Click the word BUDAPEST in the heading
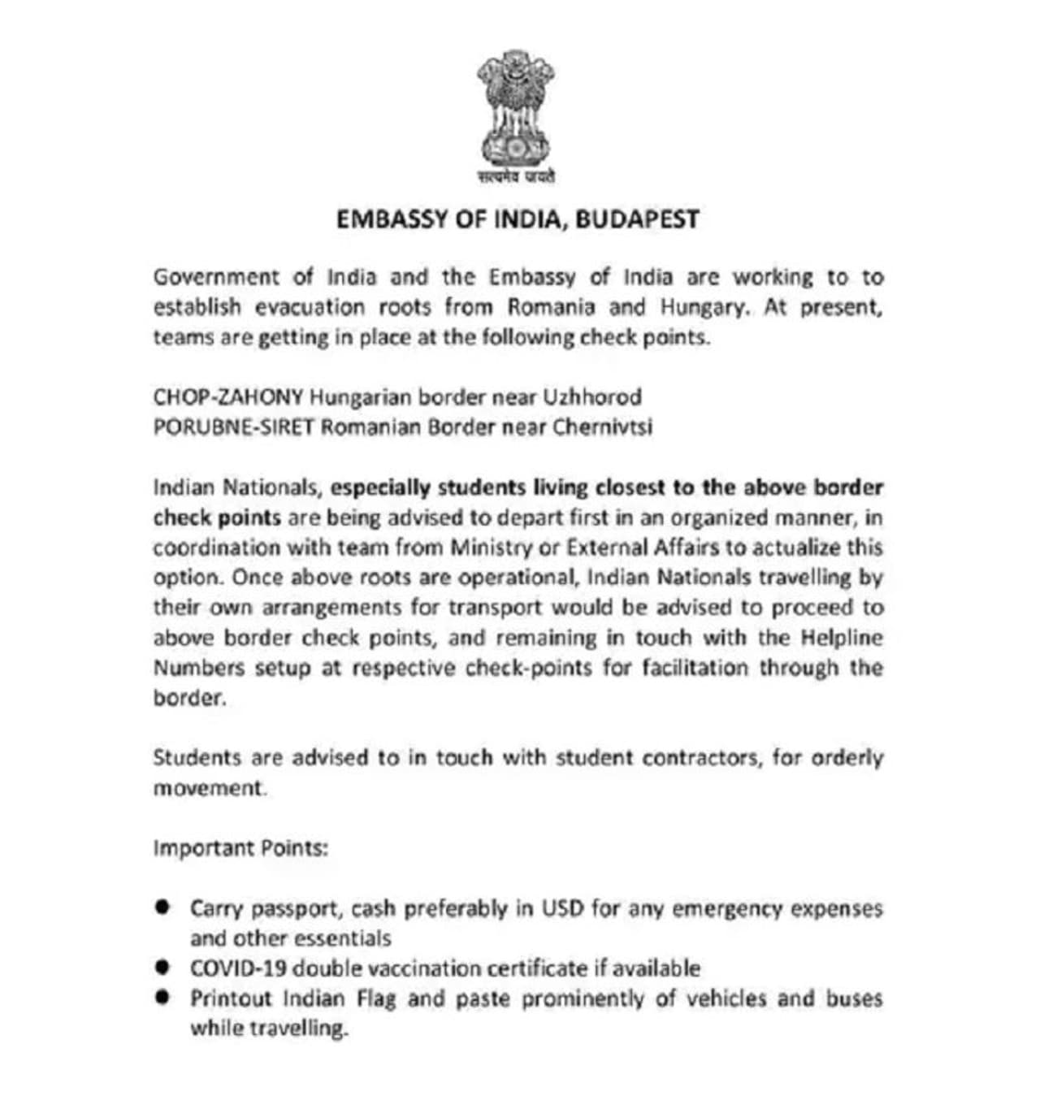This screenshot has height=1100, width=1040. (x=637, y=219)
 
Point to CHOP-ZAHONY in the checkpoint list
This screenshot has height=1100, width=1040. (x=228, y=397)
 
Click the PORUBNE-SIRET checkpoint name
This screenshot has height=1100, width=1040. (x=233, y=427)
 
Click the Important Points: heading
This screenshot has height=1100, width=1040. (x=240, y=848)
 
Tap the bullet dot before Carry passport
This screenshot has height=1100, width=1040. (x=163, y=906)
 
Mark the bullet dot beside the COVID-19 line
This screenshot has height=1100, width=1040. (x=163, y=967)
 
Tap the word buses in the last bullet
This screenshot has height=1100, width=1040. (x=854, y=998)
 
